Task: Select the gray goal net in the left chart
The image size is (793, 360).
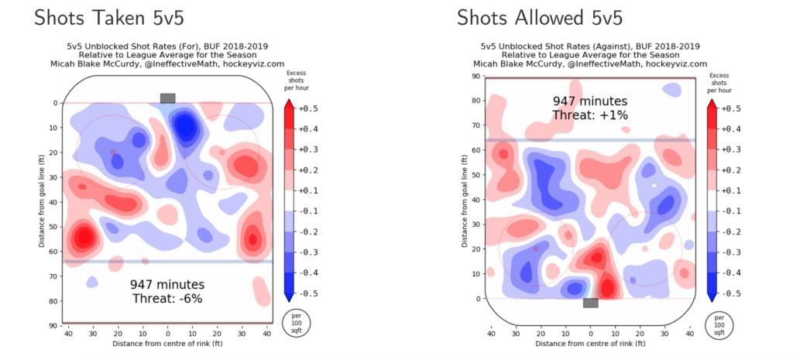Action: pos(167,98)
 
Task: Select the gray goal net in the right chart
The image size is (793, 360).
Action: pos(590,303)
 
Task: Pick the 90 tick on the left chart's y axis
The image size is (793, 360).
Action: pos(54,325)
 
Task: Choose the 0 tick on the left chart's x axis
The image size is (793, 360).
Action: pos(167,334)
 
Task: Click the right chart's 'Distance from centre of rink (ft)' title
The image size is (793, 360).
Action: pos(590,343)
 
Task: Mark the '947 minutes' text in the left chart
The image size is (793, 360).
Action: pos(167,284)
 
